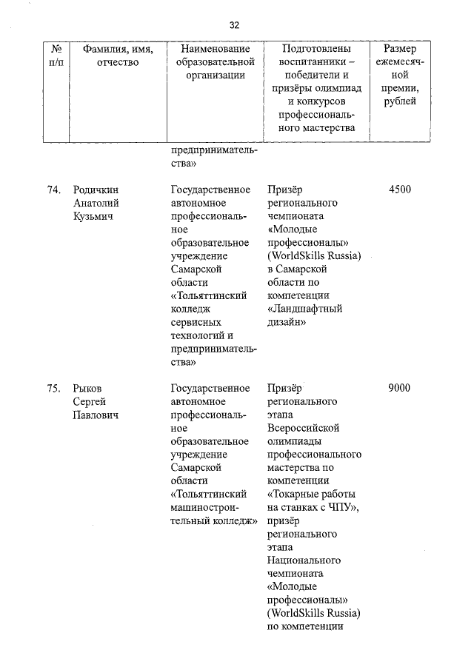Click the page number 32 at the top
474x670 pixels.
(x=234, y=24)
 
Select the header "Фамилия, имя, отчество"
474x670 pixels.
(x=118, y=56)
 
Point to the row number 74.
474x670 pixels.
(x=53, y=190)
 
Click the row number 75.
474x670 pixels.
(x=53, y=388)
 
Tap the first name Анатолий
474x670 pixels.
(x=96, y=203)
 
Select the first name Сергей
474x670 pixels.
(x=89, y=401)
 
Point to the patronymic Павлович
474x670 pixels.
(x=96, y=415)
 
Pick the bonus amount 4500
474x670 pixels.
(x=399, y=190)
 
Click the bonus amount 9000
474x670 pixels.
(x=399, y=388)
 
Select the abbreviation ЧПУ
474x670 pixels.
(x=341, y=508)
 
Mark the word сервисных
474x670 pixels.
(x=196, y=322)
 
